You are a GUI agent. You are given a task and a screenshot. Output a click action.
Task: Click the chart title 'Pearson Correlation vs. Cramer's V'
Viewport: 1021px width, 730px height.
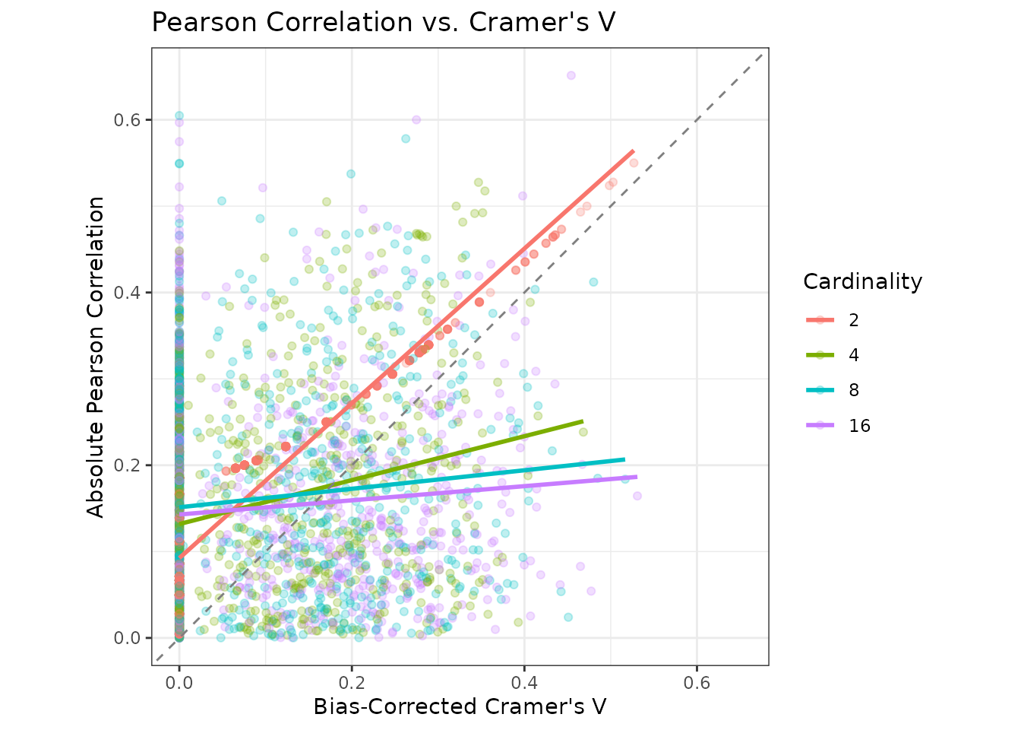pyautogui.click(x=384, y=22)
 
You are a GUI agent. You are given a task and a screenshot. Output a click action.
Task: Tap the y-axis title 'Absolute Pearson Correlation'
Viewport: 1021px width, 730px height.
pyautogui.click(x=96, y=357)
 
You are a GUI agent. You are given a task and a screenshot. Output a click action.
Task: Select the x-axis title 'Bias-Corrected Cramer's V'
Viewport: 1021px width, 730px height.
pyautogui.click(x=460, y=706)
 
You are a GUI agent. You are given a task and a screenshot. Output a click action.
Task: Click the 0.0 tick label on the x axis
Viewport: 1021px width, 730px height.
pyautogui.click(x=179, y=683)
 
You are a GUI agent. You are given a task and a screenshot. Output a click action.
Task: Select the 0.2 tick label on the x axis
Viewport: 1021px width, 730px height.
pyautogui.click(x=352, y=683)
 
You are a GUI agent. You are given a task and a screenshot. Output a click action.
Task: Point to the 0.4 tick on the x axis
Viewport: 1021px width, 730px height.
pyautogui.click(x=524, y=683)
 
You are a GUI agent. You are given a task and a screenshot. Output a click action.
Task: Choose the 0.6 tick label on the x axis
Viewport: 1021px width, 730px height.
pyautogui.click(x=697, y=683)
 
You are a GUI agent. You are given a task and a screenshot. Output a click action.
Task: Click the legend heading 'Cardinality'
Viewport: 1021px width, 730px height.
pyautogui.click(x=862, y=282)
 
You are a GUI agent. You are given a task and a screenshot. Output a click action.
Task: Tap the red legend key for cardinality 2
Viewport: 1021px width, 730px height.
pyautogui.click(x=820, y=320)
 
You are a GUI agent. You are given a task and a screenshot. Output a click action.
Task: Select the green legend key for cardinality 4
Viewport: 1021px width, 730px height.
pyautogui.click(x=820, y=355)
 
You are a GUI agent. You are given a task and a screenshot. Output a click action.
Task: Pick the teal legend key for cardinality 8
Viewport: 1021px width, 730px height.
pyautogui.click(x=820, y=390)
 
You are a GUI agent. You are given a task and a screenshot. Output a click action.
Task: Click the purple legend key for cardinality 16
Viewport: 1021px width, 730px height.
pyautogui.click(x=820, y=425)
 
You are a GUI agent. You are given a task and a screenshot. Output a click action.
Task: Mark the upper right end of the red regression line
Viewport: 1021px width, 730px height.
pyautogui.click(x=633, y=151)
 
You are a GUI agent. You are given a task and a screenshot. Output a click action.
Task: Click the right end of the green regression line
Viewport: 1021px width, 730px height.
pyautogui.click(x=582, y=421)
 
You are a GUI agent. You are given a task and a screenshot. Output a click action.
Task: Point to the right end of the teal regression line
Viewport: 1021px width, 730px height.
pyautogui.click(x=624, y=459)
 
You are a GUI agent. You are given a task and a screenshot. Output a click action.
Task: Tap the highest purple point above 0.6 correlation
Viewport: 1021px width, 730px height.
pyautogui.click(x=571, y=75)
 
